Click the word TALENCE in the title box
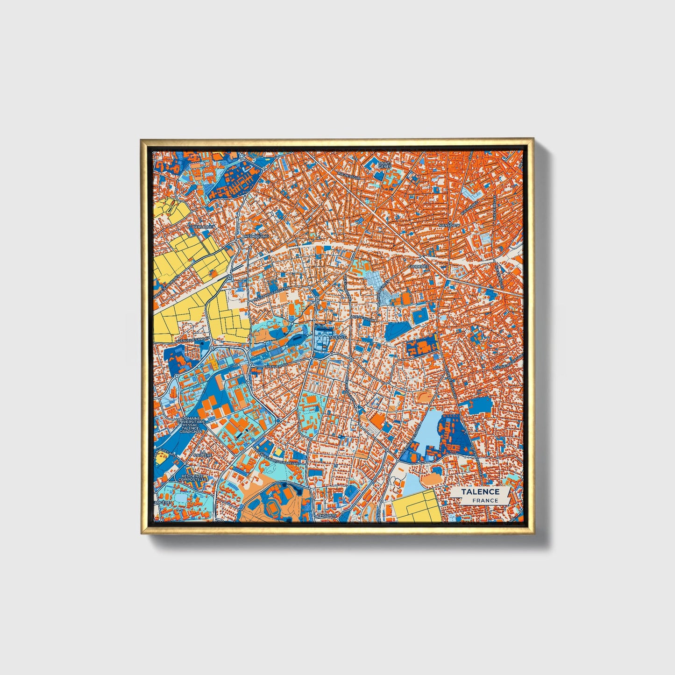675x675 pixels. pos(481,492)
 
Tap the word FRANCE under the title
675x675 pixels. pos(484,501)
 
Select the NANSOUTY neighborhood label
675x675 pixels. pos(449,225)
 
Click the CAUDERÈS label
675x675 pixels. pos(418,267)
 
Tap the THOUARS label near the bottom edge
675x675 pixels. pos(327,516)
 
